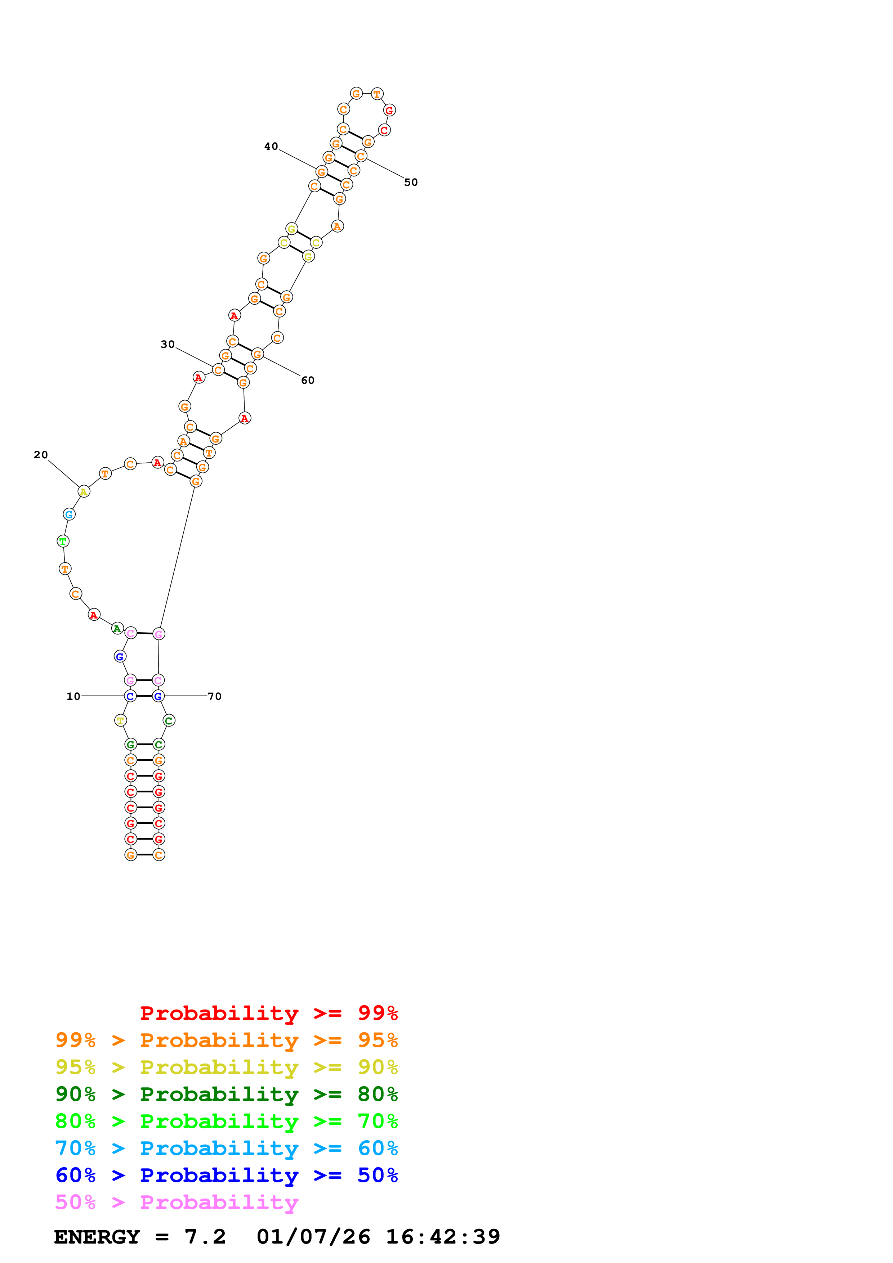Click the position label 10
(73, 696)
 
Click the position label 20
(41, 455)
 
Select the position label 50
(411, 182)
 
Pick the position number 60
(308, 380)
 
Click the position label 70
(215, 696)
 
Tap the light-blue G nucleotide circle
(69, 514)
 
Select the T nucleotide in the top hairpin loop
(377, 94)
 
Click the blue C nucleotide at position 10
(130, 696)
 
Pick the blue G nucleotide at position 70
(158, 696)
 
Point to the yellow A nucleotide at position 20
(84, 492)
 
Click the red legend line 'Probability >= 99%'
(268, 1013)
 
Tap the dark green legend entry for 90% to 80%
(226, 1094)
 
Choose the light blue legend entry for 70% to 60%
(226, 1148)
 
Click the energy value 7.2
(205, 1237)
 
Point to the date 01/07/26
(313, 1237)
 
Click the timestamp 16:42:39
(443, 1237)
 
